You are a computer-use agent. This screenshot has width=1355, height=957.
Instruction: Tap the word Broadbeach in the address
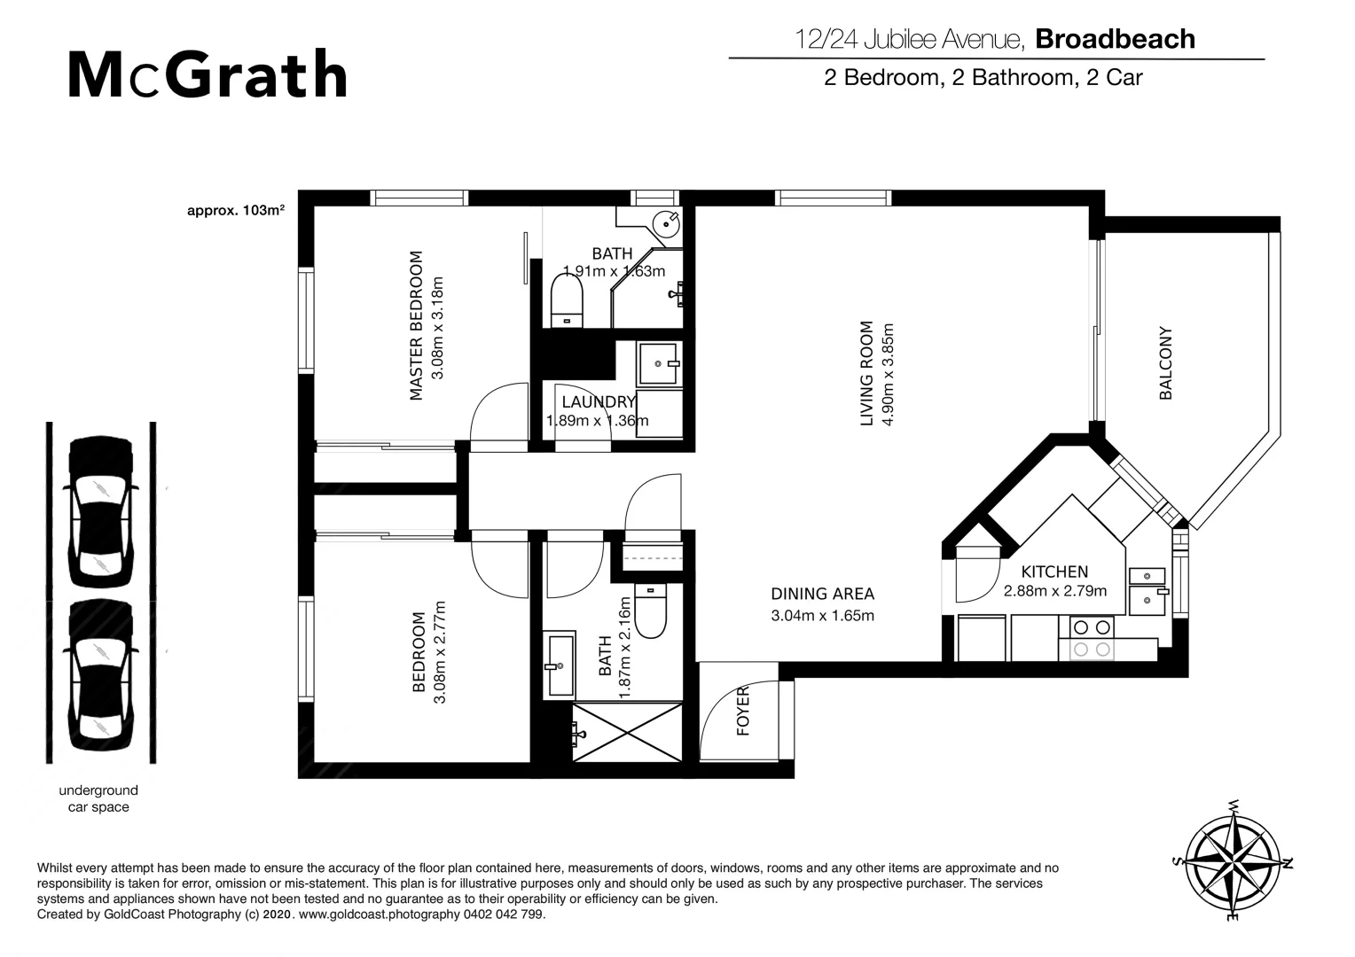(x=1115, y=39)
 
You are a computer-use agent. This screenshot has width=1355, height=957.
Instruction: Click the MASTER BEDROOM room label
(x=416, y=326)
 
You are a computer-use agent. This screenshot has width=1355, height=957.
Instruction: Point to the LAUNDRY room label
(x=599, y=402)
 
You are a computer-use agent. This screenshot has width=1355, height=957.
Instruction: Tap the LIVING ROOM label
(x=867, y=373)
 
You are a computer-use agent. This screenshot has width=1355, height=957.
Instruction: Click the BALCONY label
(x=1165, y=363)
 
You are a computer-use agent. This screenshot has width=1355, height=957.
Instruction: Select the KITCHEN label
(x=1054, y=572)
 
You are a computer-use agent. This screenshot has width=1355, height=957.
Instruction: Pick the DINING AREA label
(x=822, y=594)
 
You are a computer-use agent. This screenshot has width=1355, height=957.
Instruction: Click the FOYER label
(x=743, y=711)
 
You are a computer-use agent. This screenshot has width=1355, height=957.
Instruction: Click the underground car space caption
(x=98, y=798)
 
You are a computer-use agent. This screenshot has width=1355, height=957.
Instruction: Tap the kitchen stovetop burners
(x=1092, y=638)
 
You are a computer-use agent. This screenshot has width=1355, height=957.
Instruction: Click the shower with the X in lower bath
(x=627, y=732)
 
